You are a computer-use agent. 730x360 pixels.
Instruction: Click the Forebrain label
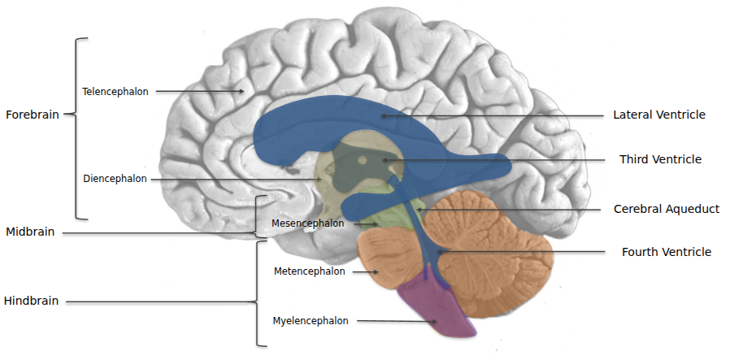(33, 115)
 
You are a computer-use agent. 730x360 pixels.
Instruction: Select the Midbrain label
(30, 232)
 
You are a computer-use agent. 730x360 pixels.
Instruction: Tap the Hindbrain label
(31, 301)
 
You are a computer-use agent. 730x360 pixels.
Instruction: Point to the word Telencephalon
(115, 92)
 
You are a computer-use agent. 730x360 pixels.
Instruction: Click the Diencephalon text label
(115, 179)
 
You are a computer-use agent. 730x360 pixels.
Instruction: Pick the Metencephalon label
(310, 271)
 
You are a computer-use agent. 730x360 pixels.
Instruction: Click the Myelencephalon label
(311, 321)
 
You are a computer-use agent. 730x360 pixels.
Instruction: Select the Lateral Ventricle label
(659, 115)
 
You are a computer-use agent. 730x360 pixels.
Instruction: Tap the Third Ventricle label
(660, 159)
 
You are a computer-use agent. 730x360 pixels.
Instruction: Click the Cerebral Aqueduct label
(667, 209)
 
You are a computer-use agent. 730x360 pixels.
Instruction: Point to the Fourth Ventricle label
(667, 252)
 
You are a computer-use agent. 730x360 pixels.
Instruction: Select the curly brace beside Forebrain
(78, 128)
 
